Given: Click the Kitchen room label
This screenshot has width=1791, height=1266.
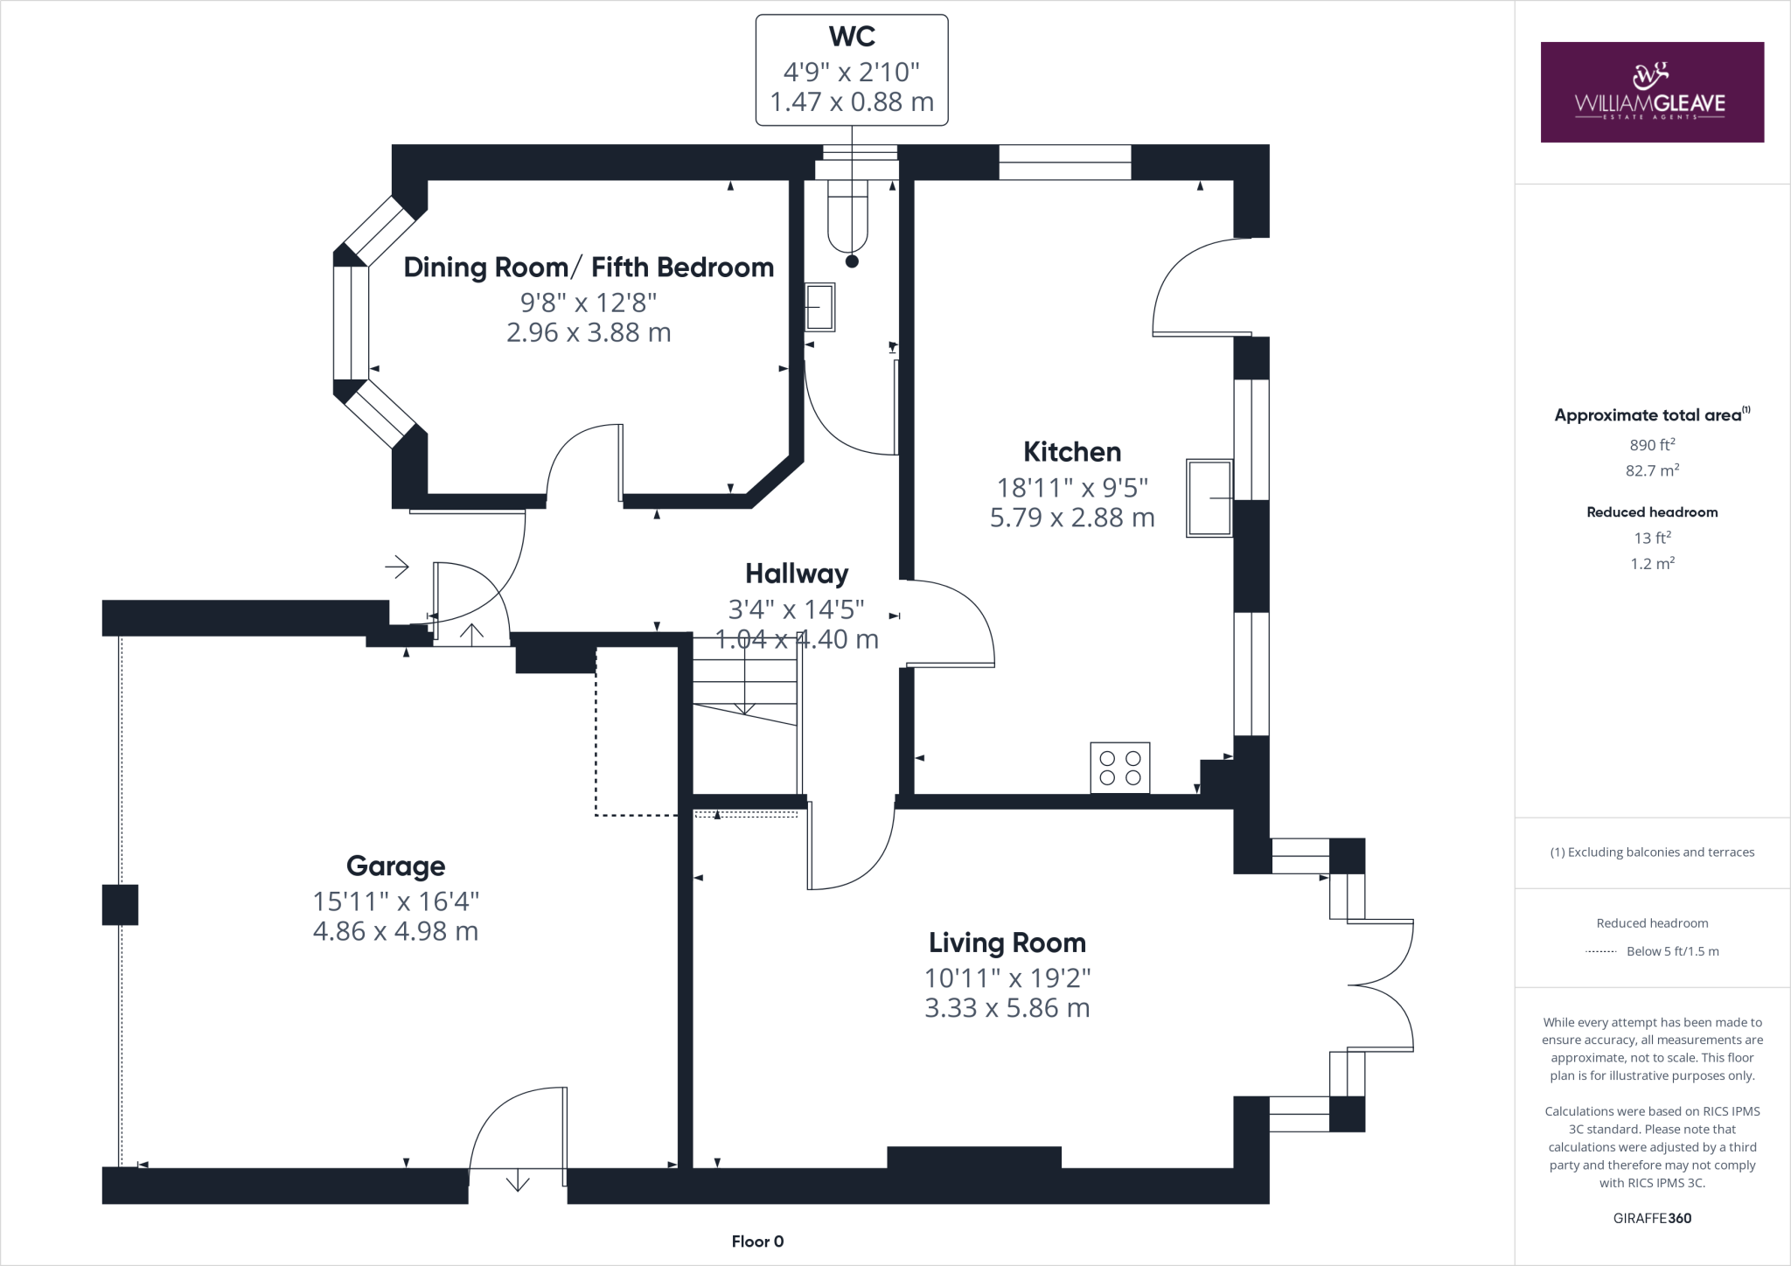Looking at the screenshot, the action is (x=1072, y=452).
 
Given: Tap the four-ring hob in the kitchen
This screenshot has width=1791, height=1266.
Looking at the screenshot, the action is (x=1120, y=768).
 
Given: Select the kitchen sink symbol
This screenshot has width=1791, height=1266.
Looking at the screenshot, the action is (x=1209, y=497).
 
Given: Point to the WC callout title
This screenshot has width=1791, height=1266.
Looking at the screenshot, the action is (x=852, y=37).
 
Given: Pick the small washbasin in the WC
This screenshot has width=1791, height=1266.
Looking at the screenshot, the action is (x=819, y=307).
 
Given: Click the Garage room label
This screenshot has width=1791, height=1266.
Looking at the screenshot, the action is (x=395, y=866).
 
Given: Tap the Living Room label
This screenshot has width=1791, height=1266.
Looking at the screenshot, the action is (x=1007, y=943).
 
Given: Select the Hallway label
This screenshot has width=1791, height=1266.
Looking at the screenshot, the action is (x=797, y=574).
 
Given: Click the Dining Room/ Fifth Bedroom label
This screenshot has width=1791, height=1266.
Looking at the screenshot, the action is (x=589, y=268).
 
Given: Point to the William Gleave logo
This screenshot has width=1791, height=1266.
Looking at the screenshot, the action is (x=1652, y=92).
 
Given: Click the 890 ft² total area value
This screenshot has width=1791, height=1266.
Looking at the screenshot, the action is (x=1652, y=445).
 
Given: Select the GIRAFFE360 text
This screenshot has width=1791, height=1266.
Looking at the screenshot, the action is (x=1652, y=1218).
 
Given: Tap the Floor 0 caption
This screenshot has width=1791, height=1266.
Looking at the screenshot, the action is (x=757, y=1242).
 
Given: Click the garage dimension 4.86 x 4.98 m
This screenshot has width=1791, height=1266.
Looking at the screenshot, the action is (x=395, y=931).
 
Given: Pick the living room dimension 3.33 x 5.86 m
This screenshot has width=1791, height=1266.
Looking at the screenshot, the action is (x=1007, y=1008).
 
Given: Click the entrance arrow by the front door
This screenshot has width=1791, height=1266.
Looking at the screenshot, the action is (x=397, y=567).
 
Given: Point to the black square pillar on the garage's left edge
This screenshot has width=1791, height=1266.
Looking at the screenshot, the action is (x=120, y=905).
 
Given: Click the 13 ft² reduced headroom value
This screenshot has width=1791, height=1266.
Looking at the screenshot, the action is (x=1652, y=538).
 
